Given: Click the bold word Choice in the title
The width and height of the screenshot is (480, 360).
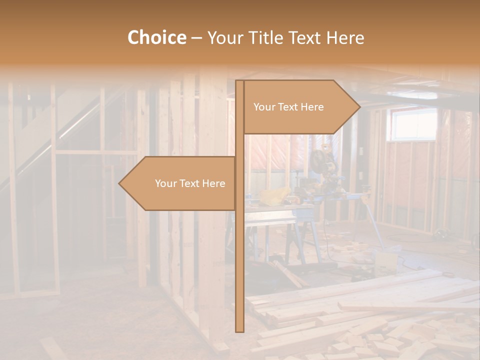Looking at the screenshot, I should coord(156,37).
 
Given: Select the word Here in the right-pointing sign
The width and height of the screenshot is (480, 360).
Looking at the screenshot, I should coord(312,107).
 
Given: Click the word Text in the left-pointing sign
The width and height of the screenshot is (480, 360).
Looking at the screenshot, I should coord(189,183).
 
